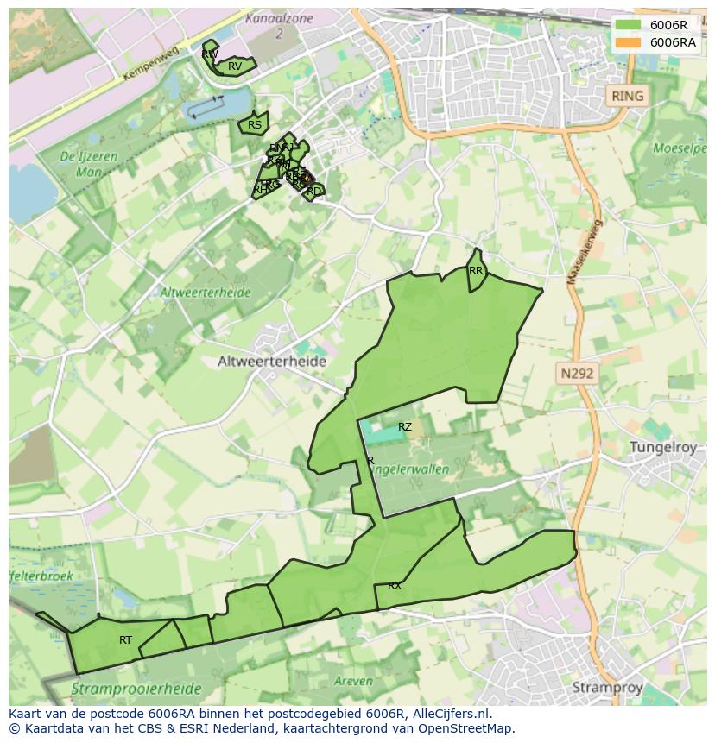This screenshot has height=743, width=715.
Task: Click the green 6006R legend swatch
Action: (628, 25)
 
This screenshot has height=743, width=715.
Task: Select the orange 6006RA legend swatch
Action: (628, 42)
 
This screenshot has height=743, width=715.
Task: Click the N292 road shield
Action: (577, 374)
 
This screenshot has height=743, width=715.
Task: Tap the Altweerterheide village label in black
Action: (272, 362)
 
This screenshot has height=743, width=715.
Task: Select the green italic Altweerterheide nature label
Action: (205, 293)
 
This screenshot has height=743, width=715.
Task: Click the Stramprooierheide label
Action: (136, 689)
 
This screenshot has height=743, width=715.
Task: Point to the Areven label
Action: (352, 681)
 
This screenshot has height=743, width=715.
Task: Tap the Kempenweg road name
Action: (151, 65)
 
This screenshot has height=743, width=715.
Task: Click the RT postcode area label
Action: (126, 640)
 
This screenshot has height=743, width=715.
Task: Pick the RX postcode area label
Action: (395, 586)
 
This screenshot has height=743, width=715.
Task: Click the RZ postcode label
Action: (405, 427)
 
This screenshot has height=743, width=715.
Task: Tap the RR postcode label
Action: (476, 271)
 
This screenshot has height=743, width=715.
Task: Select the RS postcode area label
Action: (255, 125)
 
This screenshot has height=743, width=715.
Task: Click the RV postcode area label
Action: (235, 66)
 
